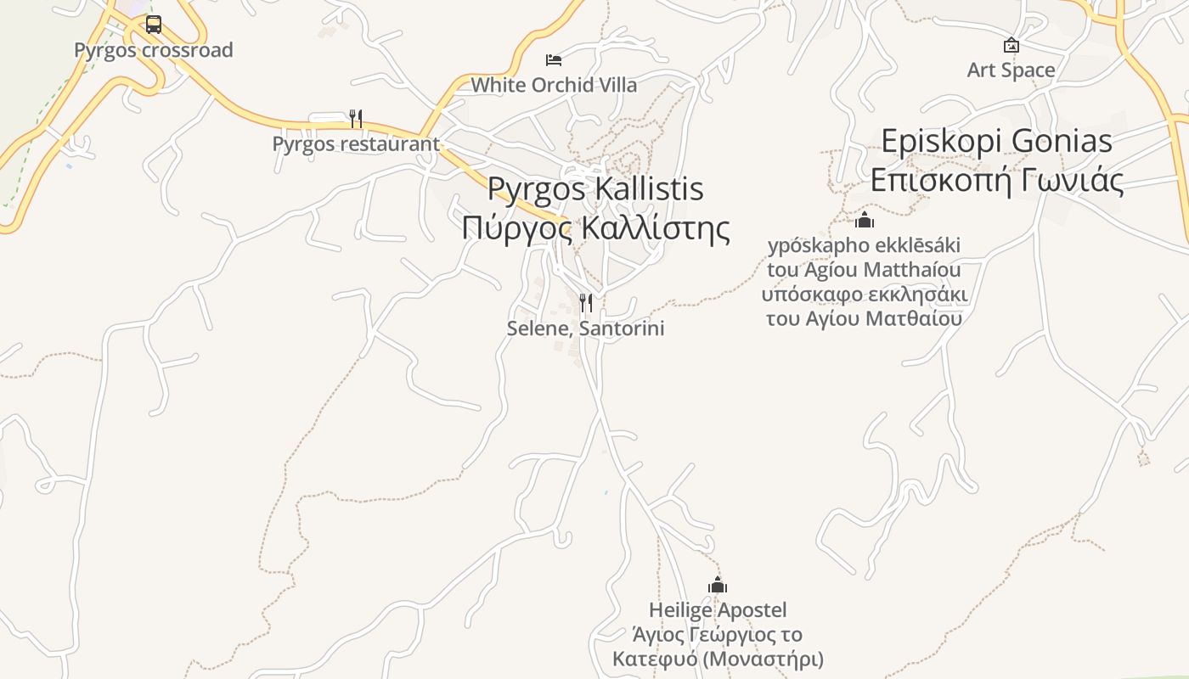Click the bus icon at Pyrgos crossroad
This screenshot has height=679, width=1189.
point(153,25)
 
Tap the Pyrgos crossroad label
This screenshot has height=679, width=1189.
point(153,50)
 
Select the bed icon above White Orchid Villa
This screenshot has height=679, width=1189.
point(554,59)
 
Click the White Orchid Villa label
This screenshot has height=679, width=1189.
point(554,85)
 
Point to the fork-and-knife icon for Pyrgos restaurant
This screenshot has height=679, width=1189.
point(356,119)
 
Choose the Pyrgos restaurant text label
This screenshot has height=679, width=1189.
point(356,144)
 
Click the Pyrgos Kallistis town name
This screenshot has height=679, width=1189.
point(595,188)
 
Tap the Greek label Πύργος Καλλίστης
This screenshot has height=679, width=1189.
point(595,227)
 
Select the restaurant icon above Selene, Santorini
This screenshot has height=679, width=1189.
point(585,303)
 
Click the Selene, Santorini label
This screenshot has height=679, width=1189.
point(585,328)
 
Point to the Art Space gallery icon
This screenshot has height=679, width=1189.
point(1011,45)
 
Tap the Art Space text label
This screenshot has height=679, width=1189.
point(1011,70)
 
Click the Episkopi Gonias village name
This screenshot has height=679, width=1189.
point(997,141)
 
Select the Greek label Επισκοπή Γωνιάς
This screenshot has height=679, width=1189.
point(997,180)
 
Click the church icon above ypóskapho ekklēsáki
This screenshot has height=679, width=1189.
point(865,221)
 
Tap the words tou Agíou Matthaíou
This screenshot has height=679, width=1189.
point(864,270)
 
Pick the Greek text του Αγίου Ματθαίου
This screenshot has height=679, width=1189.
point(864,319)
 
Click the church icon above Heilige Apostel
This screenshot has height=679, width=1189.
point(718,585)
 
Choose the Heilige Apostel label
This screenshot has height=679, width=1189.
point(718,610)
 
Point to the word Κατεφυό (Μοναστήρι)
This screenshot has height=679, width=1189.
point(718,659)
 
